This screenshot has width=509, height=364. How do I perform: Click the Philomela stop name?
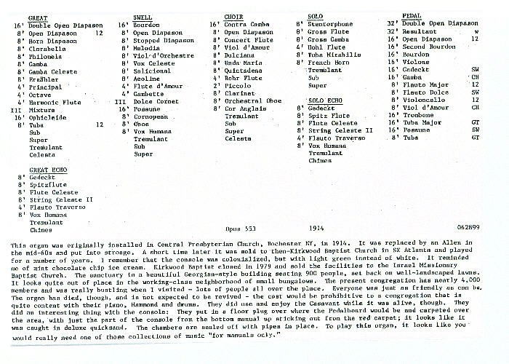[44, 56]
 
